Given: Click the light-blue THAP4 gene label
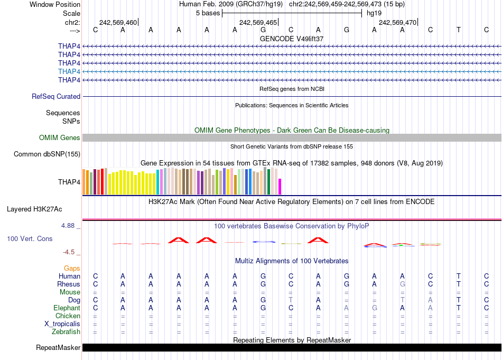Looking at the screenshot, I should [x=69, y=71].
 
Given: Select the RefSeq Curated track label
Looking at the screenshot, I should [x=56, y=97].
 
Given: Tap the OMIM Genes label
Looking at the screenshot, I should [x=60, y=138].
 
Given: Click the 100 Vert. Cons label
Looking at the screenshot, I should [x=30, y=239].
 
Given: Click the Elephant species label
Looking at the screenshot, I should [x=67, y=308].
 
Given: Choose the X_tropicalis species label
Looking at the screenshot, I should [x=62, y=324].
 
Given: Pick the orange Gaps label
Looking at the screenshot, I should [x=72, y=269].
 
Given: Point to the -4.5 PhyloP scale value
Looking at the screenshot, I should [x=69, y=252].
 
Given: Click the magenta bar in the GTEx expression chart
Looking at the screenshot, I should [x=280, y=187].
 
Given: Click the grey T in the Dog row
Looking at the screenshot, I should [x=290, y=300].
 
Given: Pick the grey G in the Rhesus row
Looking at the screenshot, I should [x=402, y=284].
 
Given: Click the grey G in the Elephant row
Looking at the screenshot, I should [x=374, y=308].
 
